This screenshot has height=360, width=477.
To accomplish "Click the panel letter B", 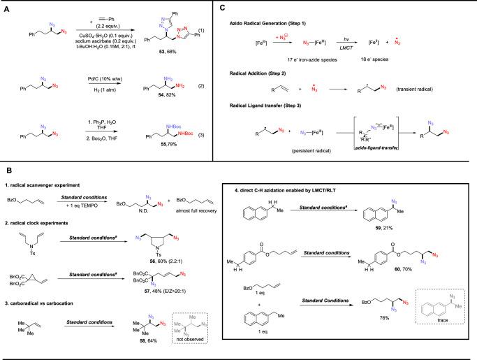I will [x=8, y=168].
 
